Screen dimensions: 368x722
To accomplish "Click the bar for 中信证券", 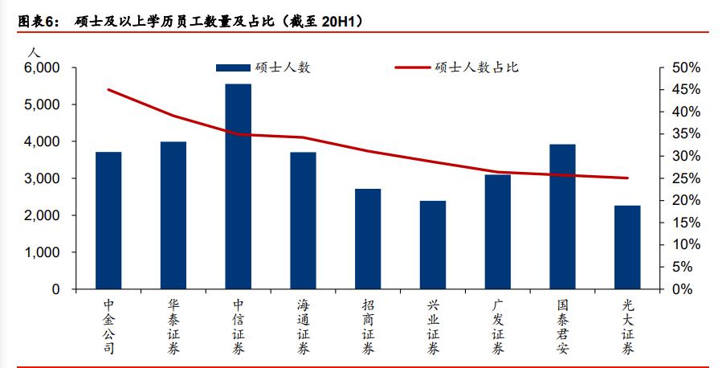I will (239, 186).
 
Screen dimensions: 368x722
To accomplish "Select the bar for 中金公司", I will (108, 220).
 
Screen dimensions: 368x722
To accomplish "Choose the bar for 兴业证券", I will (433, 245).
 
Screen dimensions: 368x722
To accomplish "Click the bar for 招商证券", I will (368, 239).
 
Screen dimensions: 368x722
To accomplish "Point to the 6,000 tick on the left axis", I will (42, 68).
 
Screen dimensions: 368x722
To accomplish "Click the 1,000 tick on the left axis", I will (42, 252).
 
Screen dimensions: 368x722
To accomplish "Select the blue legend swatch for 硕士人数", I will (233, 67).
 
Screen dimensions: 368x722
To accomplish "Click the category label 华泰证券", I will (173, 326).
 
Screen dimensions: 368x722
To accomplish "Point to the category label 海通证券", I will (303, 326).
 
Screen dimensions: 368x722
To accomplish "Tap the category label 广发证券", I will (498, 326).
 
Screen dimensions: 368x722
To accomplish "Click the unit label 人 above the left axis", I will (31, 51).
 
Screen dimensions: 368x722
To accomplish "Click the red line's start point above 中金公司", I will (108, 89).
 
